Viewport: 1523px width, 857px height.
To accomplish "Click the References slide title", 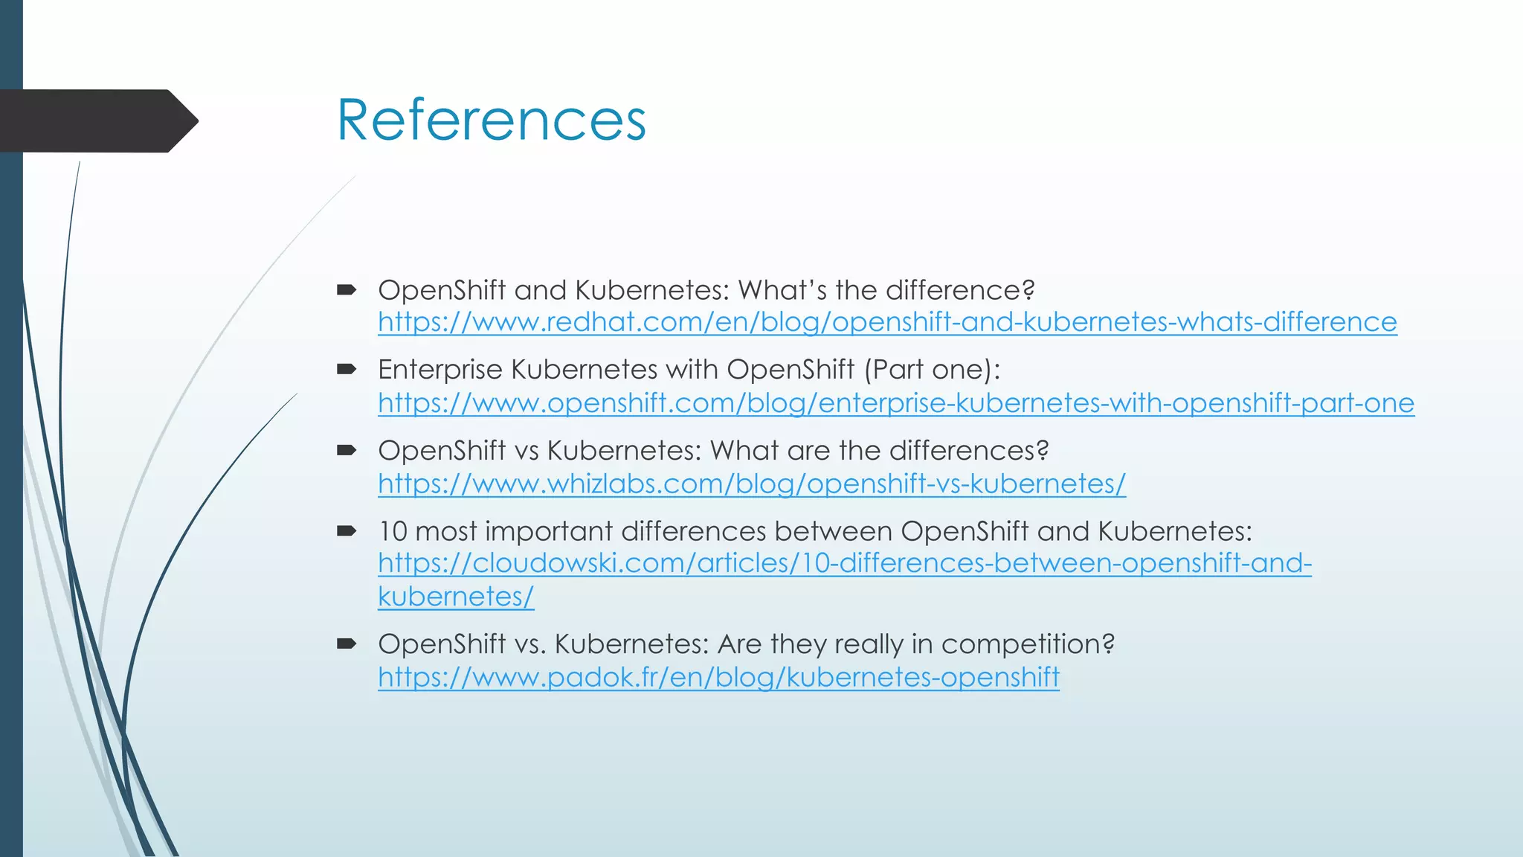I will pyautogui.click(x=491, y=121).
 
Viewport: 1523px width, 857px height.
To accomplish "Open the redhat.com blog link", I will pyautogui.click(x=886, y=322).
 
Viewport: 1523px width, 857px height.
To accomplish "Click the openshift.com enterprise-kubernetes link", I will pyautogui.click(x=895, y=403).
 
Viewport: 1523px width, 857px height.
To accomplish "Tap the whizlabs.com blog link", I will pyautogui.click(x=751, y=484).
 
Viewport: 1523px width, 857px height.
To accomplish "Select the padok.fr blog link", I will pyautogui.click(x=718, y=678).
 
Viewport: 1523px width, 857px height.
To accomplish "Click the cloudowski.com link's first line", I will pyautogui.click(x=844, y=563).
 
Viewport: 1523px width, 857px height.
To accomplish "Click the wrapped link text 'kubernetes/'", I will pyautogui.click(x=456, y=597).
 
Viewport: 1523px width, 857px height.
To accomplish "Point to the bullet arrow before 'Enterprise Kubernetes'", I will pyautogui.click(x=347, y=369).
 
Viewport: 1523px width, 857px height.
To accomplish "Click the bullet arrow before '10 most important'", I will pyautogui.click(x=347, y=531).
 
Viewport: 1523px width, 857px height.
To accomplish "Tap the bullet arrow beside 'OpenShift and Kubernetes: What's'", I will pyautogui.click(x=347, y=289).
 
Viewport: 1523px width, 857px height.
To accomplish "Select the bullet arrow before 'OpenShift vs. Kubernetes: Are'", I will pyautogui.click(x=347, y=643).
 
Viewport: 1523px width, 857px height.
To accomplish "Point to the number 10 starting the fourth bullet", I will pyautogui.click(x=393, y=531).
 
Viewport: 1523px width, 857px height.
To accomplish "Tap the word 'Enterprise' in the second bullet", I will pyautogui.click(x=440, y=370).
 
